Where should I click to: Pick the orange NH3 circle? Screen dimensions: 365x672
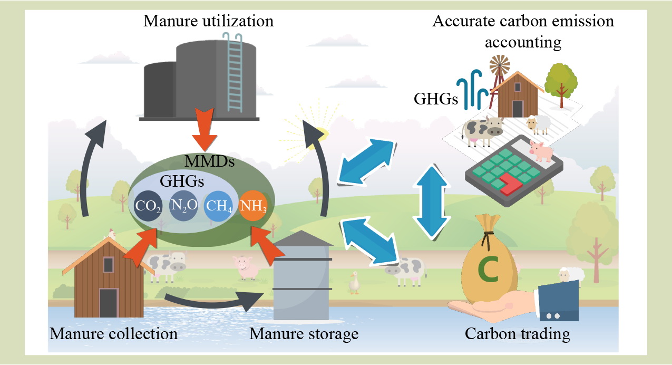point(253,206)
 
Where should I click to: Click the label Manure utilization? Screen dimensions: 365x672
point(208,21)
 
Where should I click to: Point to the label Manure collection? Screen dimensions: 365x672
point(113,334)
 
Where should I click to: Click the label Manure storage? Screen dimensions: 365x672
point(304,334)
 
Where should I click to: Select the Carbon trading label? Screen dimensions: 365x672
point(517,334)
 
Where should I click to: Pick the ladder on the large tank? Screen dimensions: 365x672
point(232,74)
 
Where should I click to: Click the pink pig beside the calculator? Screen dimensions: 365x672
point(540,151)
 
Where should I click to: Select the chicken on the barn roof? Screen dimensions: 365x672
point(111,234)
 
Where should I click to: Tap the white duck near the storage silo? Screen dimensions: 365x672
point(354,283)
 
